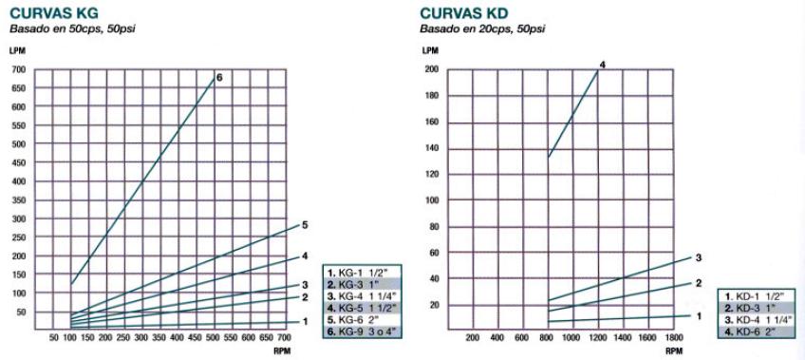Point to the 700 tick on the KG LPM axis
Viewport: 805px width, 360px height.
click(x=19, y=70)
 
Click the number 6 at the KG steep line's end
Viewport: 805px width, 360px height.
click(x=219, y=76)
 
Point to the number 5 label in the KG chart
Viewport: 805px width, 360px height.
click(x=305, y=225)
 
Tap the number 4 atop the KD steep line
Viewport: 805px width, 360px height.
click(x=602, y=65)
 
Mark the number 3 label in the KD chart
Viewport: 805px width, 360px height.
click(x=698, y=257)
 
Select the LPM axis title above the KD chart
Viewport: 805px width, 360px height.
click(x=430, y=49)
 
